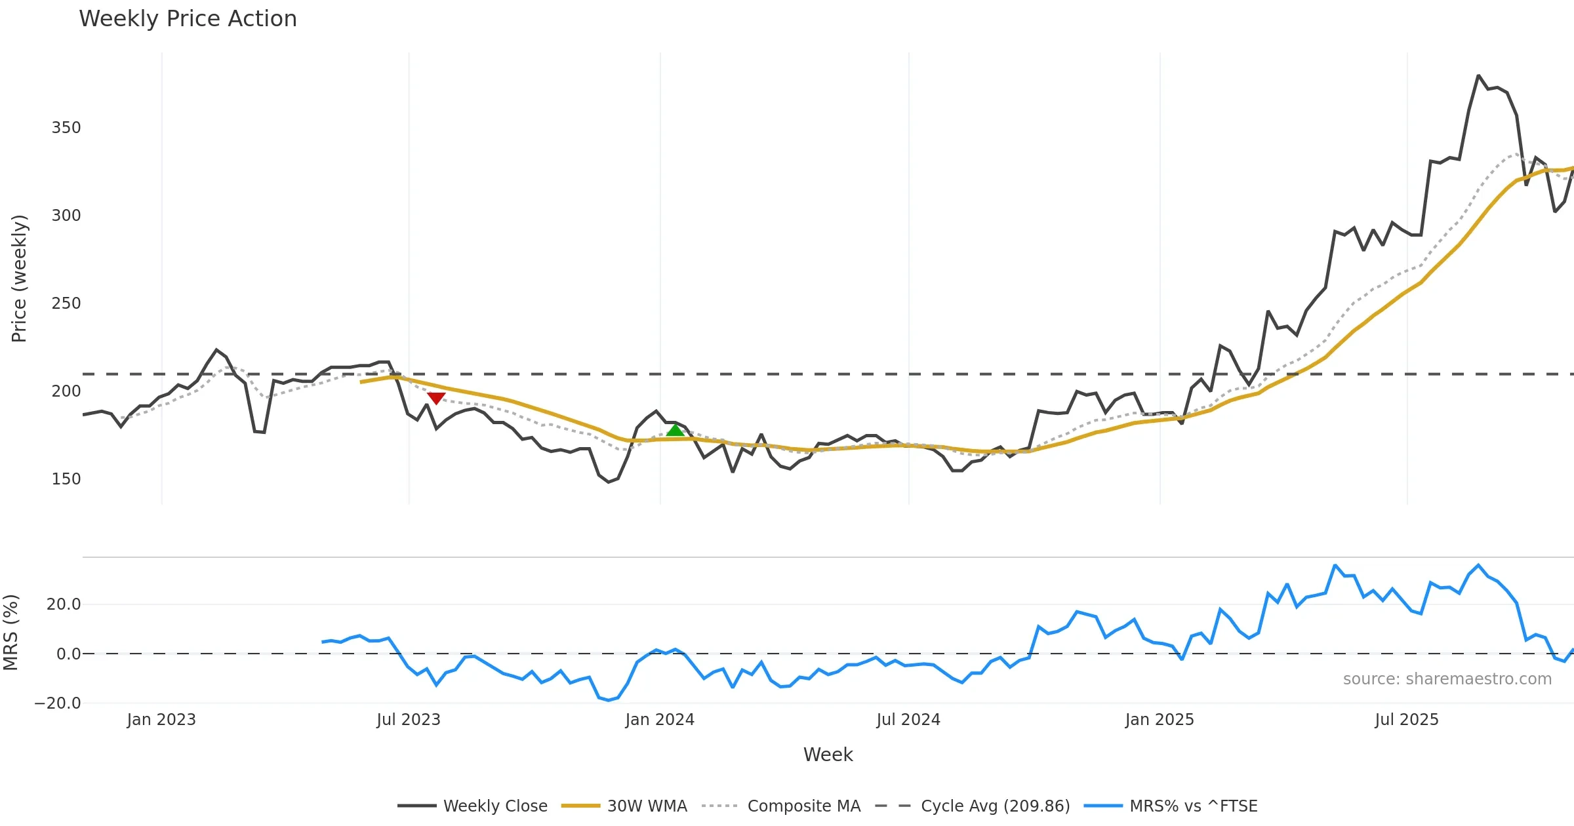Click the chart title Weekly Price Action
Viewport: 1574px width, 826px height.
point(188,19)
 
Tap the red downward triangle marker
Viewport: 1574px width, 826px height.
point(436,398)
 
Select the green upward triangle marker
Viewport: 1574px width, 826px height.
point(675,430)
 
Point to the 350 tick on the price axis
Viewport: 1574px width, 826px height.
point(66,128)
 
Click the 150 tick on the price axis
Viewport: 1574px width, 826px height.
point(66,479)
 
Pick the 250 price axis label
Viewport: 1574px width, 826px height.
point(66,304)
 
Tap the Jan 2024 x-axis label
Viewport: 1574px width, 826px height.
point(660,720)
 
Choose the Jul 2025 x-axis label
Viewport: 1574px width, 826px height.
point(1407,720)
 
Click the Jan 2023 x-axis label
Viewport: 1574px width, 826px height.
point(161,720)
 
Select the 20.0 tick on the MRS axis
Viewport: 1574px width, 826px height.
point(64,604)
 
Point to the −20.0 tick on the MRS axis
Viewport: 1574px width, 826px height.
point(58,703)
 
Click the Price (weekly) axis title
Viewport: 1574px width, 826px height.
point(19,279)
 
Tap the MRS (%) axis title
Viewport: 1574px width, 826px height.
point(10,633)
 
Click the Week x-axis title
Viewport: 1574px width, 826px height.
point(828,755)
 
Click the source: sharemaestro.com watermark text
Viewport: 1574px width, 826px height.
point(1447,679)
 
